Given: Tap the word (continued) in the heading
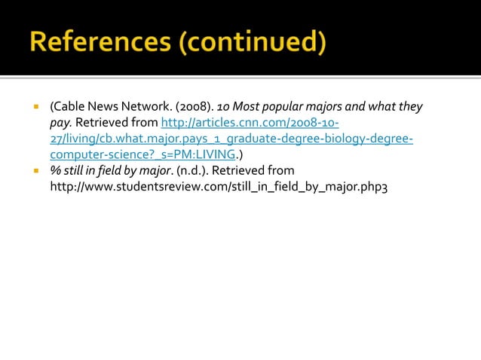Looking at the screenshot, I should pos(253,42).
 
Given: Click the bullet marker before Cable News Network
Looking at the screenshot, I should pos(35,107).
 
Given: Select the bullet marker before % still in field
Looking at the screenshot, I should pos(35,170).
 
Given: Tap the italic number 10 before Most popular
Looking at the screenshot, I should pos(224,107).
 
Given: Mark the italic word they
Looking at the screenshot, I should pos(409,107).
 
